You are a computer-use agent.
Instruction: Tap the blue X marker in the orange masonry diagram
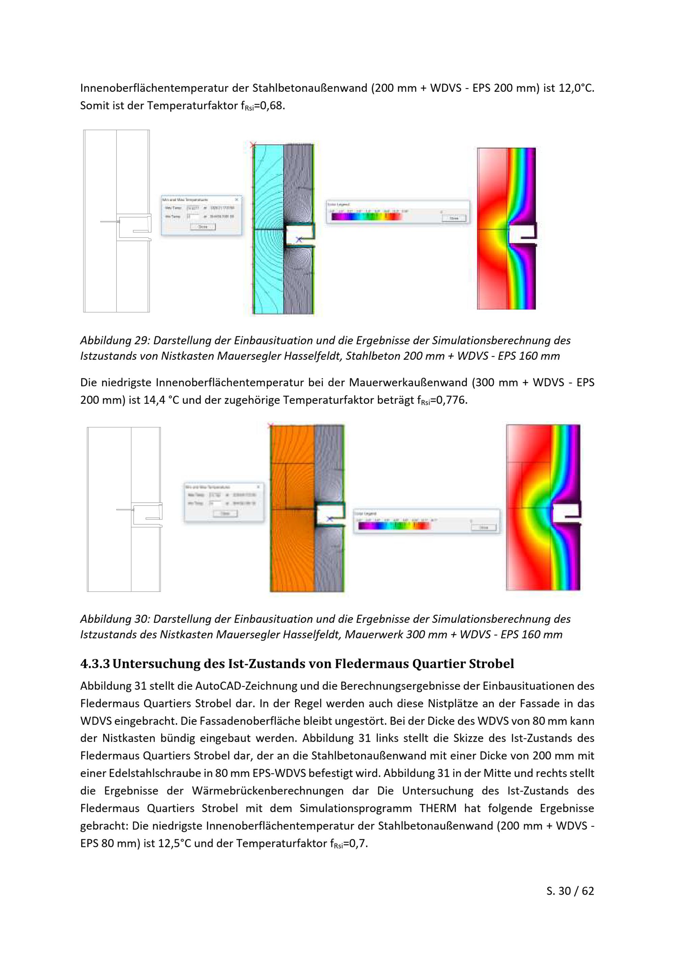coord(330,519)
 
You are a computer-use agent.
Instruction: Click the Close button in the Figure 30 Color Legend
coord(483,527)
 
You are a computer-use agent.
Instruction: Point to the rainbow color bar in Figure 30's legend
coord(393,526)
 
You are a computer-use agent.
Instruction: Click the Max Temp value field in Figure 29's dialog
coord(193,208)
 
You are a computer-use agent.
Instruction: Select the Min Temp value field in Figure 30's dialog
coord(215,504)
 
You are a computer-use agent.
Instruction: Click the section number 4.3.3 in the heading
coord(95,664)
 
